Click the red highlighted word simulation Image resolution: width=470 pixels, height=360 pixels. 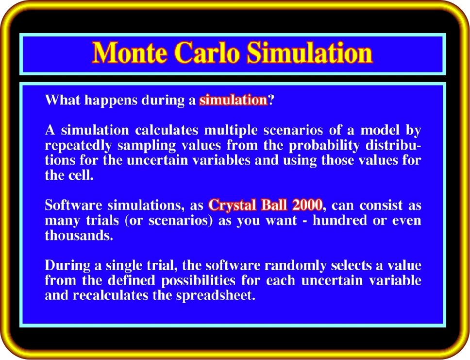(x=233, y=100)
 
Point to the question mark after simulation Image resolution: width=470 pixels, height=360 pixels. (x=271, y=100)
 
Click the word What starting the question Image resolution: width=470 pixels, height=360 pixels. (x=62, y=100)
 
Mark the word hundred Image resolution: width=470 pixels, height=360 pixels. (x=340, y=220)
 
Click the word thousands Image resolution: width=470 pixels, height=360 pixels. (x=79, y=235)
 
